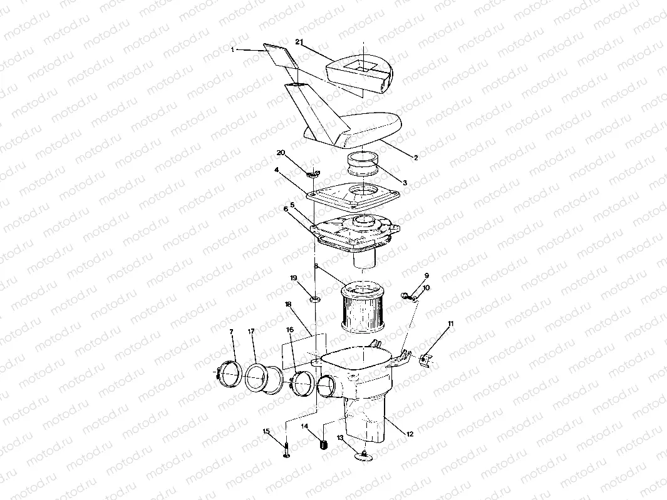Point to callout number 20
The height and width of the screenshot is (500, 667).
point(281,153)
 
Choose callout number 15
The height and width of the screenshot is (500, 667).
point(266,431)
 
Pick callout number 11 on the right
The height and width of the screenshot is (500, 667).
point(450,324)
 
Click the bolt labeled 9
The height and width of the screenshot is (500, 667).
point(406,294)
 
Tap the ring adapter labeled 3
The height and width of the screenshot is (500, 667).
point(363,165)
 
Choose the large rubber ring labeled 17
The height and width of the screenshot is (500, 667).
point(258,379)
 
